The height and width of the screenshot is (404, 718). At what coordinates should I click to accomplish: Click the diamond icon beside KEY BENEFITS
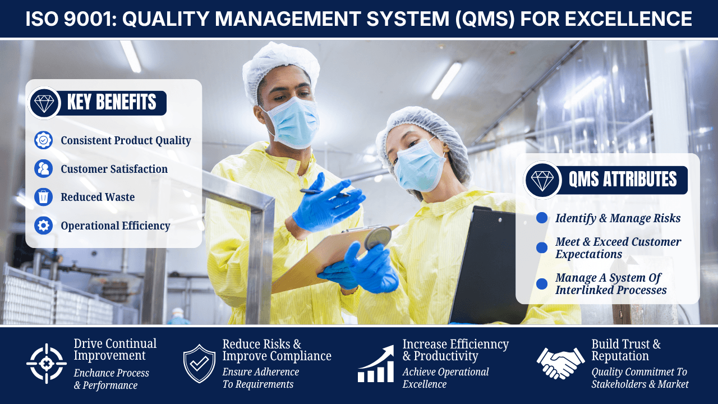pyautogui.click(x=44, y=103)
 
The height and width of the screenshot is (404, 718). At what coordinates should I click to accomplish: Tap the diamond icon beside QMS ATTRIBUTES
pyautogui.click(x=542, y=180)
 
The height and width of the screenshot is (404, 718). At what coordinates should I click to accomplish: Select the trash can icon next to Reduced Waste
pyautogui.click(x=43, y=197)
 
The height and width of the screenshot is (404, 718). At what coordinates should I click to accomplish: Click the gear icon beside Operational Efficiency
pyautogui.click(x=43, y=226)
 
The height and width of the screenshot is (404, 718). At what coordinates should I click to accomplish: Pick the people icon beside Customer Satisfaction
pyautogui.click(x=43, y=169)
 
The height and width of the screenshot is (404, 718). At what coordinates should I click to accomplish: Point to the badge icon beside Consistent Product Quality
pyautogui.click(x=43, y=140)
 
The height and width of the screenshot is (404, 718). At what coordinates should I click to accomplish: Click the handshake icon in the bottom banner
pyautogui.click(x=560, y=363)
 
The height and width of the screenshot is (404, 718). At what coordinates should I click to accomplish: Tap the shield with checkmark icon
pyautogui.click(x=199, y=364)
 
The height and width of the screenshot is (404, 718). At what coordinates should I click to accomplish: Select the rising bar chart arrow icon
pyautogui.click(x=376, y=364)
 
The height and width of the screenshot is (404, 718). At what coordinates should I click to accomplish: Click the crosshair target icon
pyautogui.click(x=47, y=364)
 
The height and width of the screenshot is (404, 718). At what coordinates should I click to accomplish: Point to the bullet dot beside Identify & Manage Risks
pyautogui.click(x=542, y=218)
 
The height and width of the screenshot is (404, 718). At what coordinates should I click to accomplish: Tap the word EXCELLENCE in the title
pyautogui.click(x=628, y=19)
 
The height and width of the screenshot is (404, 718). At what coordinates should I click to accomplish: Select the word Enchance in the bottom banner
pyautogui.click(x=95, y=373)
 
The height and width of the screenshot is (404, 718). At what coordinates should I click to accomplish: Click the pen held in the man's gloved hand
pyautogui.click(x=324, y=192)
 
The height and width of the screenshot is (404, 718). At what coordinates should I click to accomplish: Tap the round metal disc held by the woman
pyautogui.click(x=378, y=237)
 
